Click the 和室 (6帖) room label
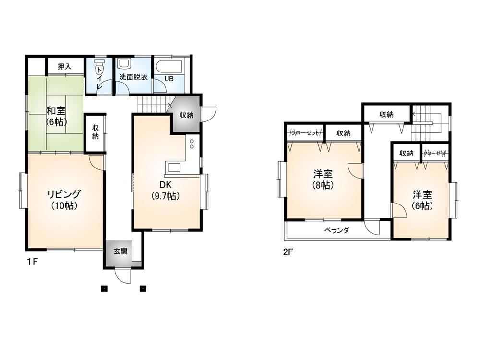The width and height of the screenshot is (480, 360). (56, 116)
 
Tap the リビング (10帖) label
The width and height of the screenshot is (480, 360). (64, 200)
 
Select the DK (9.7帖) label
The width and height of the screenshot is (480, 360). (165, 190)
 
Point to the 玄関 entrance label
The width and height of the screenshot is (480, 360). (120, 252)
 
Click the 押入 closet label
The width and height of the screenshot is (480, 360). (64, 66)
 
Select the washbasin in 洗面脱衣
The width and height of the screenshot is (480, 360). (124, 64)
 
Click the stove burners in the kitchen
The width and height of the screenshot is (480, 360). (192, 144)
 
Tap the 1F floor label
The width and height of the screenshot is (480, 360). (32, 262)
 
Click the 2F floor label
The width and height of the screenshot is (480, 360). (288, 252)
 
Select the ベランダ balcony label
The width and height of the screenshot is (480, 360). (337, 230)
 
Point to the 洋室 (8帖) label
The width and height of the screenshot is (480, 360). (323, 180)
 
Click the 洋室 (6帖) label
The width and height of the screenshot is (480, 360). (422, 200)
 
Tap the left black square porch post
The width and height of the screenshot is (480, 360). (104, 288)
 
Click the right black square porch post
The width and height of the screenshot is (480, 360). (143, 288)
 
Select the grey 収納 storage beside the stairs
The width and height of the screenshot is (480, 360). (186, 115)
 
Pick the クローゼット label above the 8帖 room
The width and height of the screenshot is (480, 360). (305, 133)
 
